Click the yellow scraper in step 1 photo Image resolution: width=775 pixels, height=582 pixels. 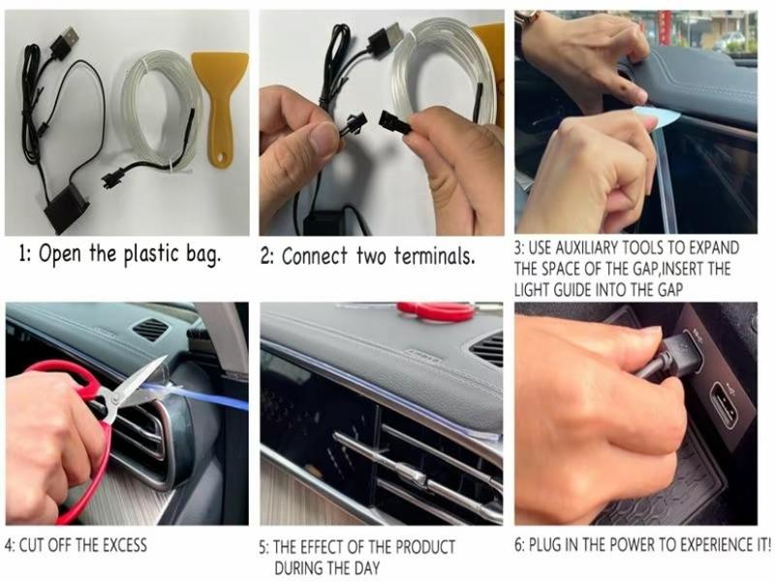click(220, 97)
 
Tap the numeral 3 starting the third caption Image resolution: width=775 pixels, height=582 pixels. click(518, 248)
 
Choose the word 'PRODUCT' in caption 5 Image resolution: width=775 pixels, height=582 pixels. click(421, 547)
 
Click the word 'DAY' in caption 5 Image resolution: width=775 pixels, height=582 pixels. click(364, 566)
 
